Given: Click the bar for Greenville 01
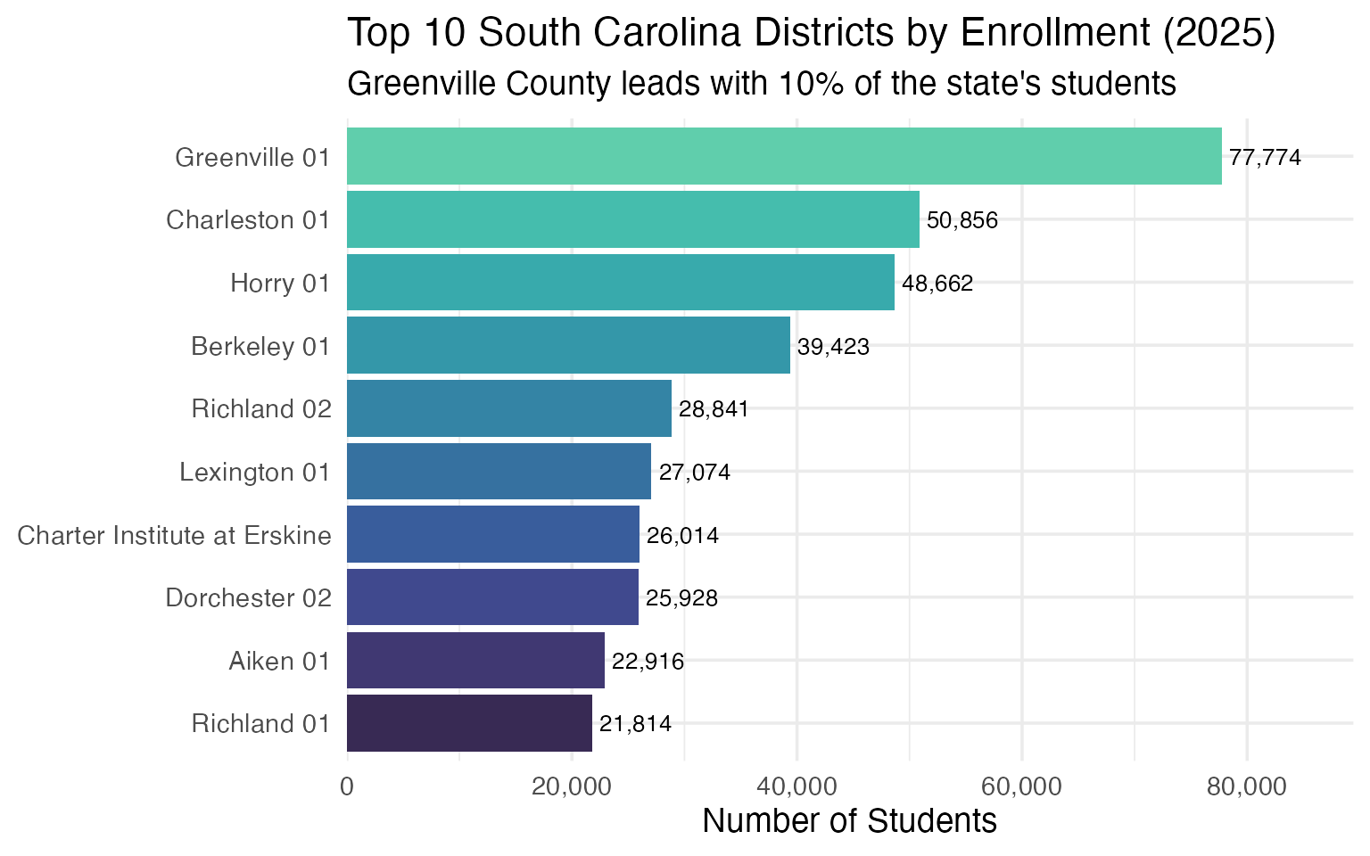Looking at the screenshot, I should click(x=783, y=157).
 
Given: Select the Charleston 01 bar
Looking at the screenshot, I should click(x=632, y=219).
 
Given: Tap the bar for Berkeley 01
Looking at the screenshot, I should click(x=568, y=345).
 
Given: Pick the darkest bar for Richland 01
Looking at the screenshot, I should click(x=469, y=723).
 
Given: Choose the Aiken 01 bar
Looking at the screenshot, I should click(x=475, y=660).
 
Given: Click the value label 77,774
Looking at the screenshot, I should click(x=1265, y=158).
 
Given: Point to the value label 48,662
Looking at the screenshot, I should click(x=937, y=284).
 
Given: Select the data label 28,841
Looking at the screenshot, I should click(x=714, y=409).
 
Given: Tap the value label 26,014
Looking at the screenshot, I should click(x=682, y=536).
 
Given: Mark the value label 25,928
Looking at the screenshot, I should click(x=681, y=598).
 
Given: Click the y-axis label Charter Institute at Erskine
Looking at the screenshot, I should click(x=174, y=535).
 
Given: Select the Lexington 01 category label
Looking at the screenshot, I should click(x=255, y=472).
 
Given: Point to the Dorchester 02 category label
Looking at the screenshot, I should click(x=249, y=597).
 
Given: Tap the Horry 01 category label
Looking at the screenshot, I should click(x=280, y=284).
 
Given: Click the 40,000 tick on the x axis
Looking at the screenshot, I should click(x=796, y=786).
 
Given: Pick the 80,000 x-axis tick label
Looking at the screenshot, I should click(x=1246, y=786).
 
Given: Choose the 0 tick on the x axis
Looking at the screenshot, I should click(x=347, y=786).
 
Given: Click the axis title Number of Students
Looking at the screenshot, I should click(x=849, y=820).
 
